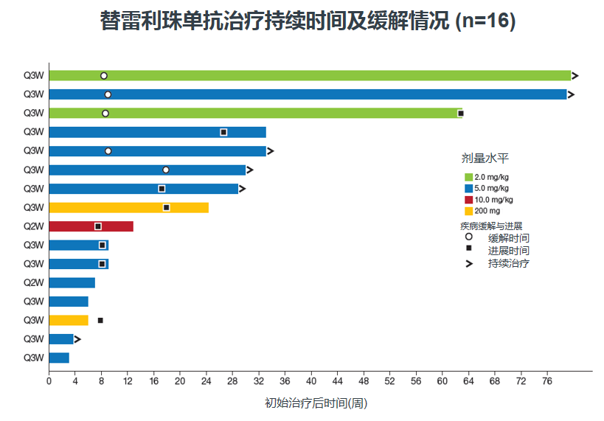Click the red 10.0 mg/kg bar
[x=91, y=226]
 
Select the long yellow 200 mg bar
[x=129, y=208]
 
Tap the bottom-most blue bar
[x=59, y=358]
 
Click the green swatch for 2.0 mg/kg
[x=468, y=177]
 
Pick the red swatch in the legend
[x=468, y=200]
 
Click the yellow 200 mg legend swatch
[x=468, y=211]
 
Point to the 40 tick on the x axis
[x=311, y=373]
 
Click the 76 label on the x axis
[x=547, y=381]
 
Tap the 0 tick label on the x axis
[x=49, y=381]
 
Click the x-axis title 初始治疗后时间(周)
[x=316, y=403]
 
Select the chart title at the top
[x=308, y=21]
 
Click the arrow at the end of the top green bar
[x=575, y=76]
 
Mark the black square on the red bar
[x=98, y=226]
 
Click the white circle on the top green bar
[x=104, y=76]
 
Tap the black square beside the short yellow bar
[x=100, y=321]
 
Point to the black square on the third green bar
[x=461, y=114]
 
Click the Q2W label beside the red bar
[x=33, y=226]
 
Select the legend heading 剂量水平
[x=485, y=159]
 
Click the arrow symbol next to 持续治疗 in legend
[x=469, y=264]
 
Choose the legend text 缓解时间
[x=508, y=238]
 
